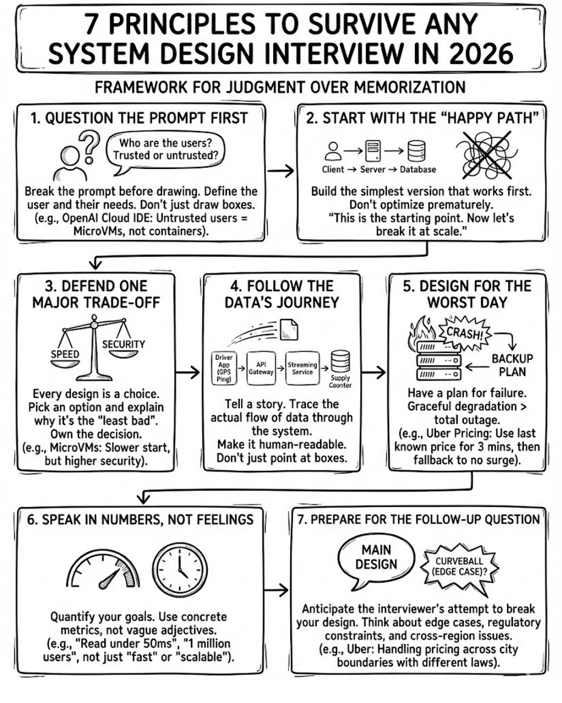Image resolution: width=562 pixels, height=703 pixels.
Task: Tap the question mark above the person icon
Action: [x=89, y=146]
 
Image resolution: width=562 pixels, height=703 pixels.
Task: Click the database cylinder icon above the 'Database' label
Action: [x=417, y=150]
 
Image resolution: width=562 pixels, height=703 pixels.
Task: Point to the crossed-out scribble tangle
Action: [x=487, y=155]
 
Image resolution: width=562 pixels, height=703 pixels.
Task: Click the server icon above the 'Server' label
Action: [x=373, y=151]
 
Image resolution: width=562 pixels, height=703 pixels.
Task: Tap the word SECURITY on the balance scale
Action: [x=124, y=344]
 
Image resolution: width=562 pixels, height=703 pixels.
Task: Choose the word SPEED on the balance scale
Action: [x=65, y=354]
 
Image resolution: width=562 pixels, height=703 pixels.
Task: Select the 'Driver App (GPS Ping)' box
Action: [x=224, y=368]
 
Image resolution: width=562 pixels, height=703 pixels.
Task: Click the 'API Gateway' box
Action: [x=261, y=368]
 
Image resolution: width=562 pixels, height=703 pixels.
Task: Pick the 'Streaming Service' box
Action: [x=303, y=368]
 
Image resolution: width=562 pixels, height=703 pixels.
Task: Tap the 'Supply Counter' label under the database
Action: [x=340, y=381]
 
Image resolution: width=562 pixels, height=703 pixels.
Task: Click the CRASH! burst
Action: [x=465, y=333]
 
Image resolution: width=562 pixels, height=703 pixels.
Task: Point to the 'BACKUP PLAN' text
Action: [x=512, y=365]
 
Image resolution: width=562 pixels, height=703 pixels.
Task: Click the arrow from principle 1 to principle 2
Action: [x=281, y=171]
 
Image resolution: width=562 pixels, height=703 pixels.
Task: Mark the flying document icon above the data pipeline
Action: [x=289, y=329]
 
